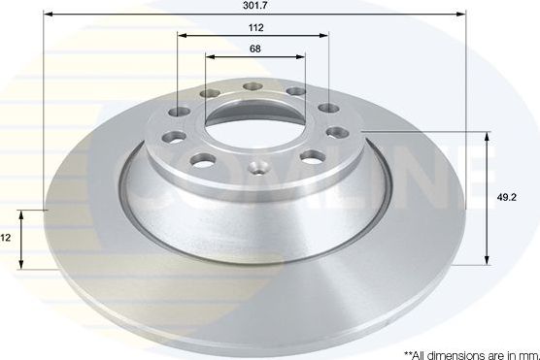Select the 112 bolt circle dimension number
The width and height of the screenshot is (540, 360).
coord(254,27)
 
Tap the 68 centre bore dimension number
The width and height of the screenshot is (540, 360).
coord(254,49)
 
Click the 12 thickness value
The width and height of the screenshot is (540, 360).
coord(6,238)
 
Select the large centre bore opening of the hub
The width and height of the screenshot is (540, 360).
coord(254,124)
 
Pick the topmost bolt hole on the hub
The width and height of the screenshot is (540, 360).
coord(253,86)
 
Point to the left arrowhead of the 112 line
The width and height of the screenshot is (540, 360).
coord(181,35)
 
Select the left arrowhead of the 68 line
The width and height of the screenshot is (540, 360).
coord(209,56)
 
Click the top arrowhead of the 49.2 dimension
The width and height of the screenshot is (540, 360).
coord(486,133)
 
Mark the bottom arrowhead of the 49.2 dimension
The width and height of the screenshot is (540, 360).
coord(486,262)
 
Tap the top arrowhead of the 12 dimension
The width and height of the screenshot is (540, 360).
coord(22,212)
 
